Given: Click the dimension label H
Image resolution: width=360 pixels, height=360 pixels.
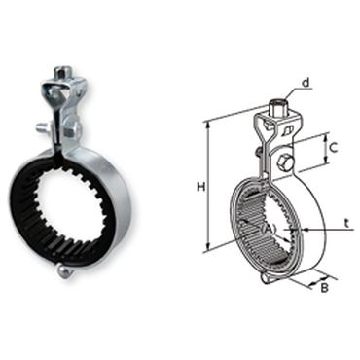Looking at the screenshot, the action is pyautogui.click(x=201, y=187).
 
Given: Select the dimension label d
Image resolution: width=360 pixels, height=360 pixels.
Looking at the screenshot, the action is pyautogui.click(x=306, y=83).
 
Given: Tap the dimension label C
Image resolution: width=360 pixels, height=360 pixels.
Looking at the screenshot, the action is pyautogui.click(x=333, y=148).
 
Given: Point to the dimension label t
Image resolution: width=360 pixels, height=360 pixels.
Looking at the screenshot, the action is pyautogui.click(x=346, y=223).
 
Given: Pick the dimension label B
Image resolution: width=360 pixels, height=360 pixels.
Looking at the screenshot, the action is pyautogui.click(x=324, y=288).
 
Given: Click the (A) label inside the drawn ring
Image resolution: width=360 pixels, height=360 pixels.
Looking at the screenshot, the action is pyautogui.click(x=269, y=230).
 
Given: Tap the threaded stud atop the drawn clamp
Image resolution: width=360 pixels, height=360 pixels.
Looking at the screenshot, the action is pyautogui.click(x=276, y=108).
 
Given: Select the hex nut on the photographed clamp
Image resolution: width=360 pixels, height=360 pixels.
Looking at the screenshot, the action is pyautogui.click(x=71, y=130).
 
